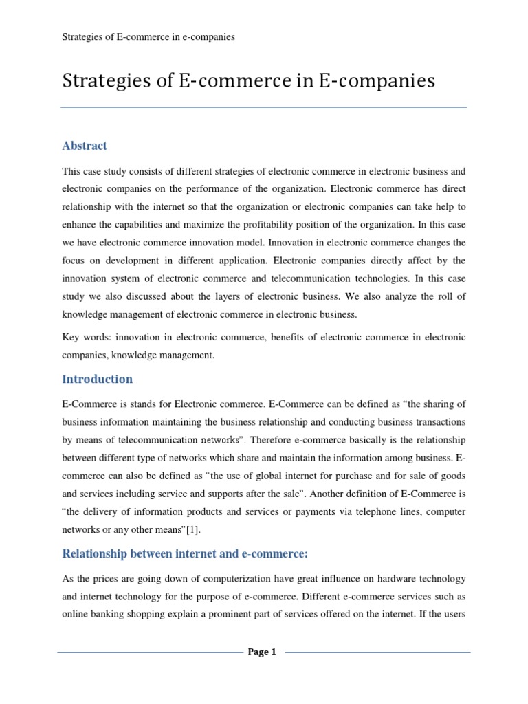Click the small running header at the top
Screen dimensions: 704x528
pyautogui.click(x=148, y=37)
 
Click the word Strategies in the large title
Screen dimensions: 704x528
pyautogui.click(x=100, y=81)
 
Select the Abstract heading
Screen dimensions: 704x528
pyautogui.click(x=85, y=146)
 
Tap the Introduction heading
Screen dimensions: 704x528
pyautogui.click(x=97, y=379)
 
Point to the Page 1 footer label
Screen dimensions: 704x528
pyautogui.click(x=262, y=652)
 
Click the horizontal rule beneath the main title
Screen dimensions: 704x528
pyautogui.click(x=264, y=107)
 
